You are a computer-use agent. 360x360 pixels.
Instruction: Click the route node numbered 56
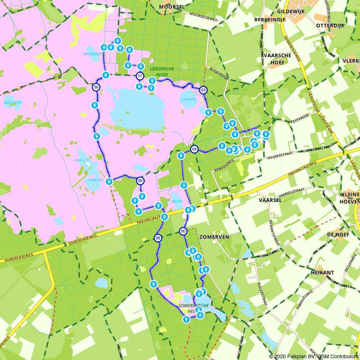click(x=96, y=87)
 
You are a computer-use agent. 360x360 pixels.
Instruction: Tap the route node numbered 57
click(x=140, y=76)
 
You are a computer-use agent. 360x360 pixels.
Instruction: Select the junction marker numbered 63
click(x=203, y=90)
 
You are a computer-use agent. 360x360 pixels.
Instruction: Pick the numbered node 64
click(x=194, y=149)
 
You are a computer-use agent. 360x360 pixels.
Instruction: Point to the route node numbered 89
click(x=140, y=181)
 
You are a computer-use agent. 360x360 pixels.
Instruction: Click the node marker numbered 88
click(x=158, y=238)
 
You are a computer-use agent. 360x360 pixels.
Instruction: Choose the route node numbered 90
click(x=183, y=231)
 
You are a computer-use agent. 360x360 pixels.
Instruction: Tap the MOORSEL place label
click(x=172, y=7)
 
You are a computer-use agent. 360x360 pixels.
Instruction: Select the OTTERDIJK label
click(x=330, y=26)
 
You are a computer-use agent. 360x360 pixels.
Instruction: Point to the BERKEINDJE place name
click(x=270, y=19)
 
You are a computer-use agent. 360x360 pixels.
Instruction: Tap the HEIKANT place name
click(x=322, y=273)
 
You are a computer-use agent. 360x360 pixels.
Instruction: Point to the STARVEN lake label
click(x=188, y=100)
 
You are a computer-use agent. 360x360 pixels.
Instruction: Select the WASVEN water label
click(x=13, y=103)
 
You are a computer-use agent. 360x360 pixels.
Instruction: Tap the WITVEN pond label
click(x=177, y=202)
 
